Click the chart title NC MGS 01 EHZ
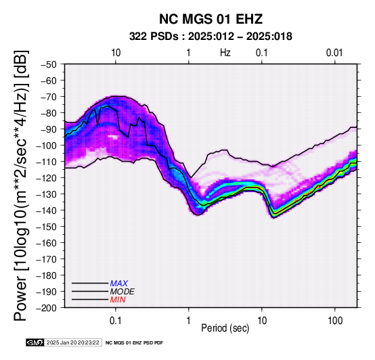click(211, 19)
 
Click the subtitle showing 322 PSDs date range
click(211, 37)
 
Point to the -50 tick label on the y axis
click(48, 64)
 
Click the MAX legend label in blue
click(119, 284)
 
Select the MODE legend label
click(123, 292)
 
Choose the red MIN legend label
click(118, 300)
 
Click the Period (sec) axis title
click(225, 328)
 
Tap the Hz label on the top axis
click(225, 53)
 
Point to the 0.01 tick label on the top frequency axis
click(334, 53)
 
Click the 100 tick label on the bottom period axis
click(335, 321)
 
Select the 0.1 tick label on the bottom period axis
click(116, 321)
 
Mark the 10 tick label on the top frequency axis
click(116, 53)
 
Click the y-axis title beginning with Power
click(21, 185)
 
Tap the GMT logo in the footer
click(35, 342)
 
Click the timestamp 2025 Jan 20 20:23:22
click(73, 342)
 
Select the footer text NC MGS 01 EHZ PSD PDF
click(135, 343)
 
